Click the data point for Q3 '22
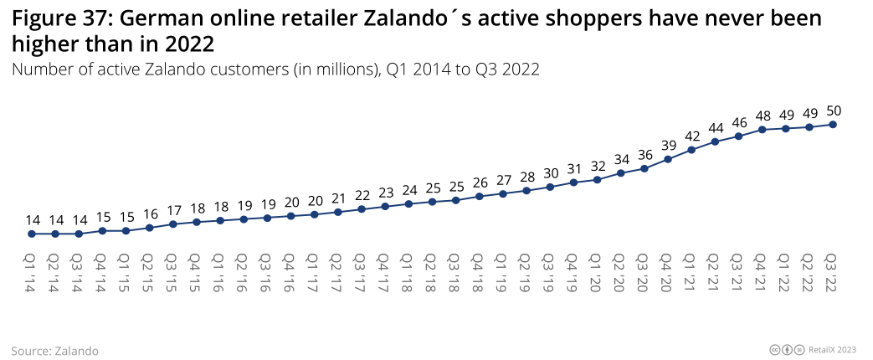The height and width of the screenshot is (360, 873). (833, 125)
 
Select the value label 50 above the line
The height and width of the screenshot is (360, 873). (833, 110)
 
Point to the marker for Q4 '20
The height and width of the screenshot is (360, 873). (668, 159)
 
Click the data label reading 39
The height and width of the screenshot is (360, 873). (668, 144)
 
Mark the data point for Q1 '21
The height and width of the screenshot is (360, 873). (691, 150)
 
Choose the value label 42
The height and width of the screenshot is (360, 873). (691, 135)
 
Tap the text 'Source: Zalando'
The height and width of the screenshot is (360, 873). (55, 351)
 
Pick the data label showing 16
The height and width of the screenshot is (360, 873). (149, 213)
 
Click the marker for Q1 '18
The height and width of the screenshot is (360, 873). (408, 203)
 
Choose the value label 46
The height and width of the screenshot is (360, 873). (738, 121)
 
